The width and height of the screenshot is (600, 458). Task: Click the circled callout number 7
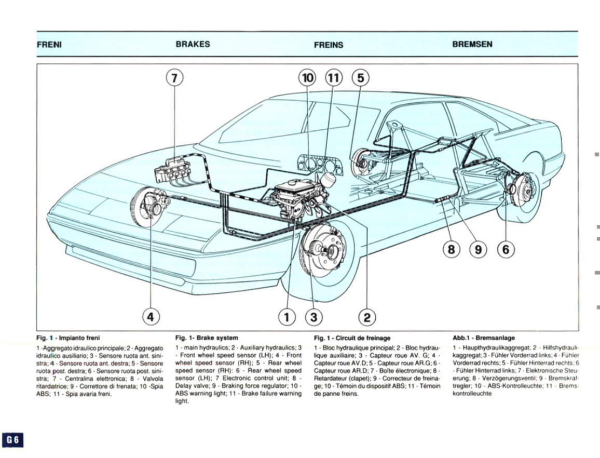click(x=174, y=78)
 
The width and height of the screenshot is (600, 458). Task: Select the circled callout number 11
click(x=334, y=78)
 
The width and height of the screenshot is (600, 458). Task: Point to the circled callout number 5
click(x=361, y=78)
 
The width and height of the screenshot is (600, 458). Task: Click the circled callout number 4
click(x=151, y=315)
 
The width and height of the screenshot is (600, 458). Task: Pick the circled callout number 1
click(x=287, y=315)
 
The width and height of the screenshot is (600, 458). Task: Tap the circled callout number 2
click(x=367, y=315)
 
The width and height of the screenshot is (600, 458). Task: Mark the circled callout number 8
click(x=451, y=250)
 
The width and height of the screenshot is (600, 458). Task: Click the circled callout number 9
click(x=478, y=250)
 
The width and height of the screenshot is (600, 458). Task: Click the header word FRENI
click(x=49, y=45)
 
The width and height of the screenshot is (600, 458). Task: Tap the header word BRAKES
click(x=193, y=45)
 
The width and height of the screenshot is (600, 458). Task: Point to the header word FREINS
click(x=329, y=45)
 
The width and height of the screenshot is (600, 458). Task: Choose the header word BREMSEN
click(x=472, y=45)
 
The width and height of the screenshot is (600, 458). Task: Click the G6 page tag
click(x=13, y=440)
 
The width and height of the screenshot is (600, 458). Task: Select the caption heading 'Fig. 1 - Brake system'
click(x=207, y=338)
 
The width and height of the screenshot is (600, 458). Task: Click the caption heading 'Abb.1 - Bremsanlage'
click(x=484, y=338)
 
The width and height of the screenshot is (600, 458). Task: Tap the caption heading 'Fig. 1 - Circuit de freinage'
click(x=352, y=338)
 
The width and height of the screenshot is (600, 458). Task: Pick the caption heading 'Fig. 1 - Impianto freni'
click(x=68, y=338)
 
